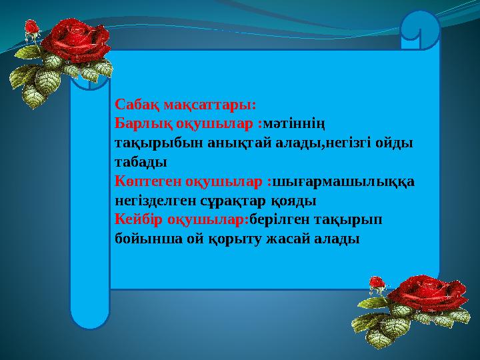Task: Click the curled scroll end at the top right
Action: click(419, 30)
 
